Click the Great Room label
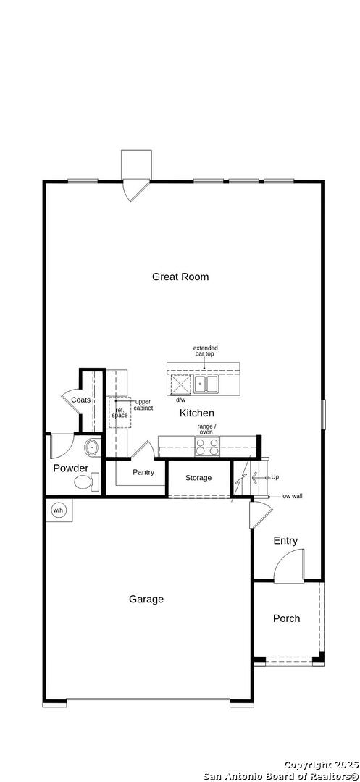180,277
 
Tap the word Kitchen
197,413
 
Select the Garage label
146,600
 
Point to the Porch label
287,618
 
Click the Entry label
285,541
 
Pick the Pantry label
143,472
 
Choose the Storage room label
198,478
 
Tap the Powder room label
71,468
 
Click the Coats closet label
81,400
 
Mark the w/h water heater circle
59,510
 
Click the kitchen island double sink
206,384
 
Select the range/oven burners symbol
207,446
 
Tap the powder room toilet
87,482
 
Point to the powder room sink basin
92,447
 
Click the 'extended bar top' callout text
206,350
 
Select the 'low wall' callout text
292,496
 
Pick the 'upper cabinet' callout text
143,405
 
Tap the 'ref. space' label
120,413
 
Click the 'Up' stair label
275,477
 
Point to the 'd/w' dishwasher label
180,400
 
